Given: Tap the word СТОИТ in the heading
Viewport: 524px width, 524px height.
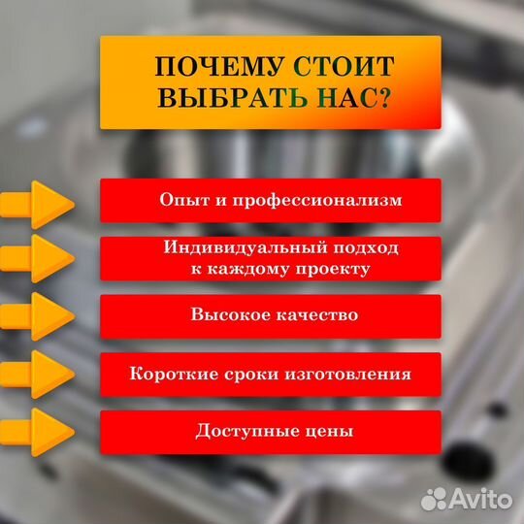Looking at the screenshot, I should point(344,67).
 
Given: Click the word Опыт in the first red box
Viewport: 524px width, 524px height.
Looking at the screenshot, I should point(182,201).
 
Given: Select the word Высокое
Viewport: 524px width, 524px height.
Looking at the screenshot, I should point(225,315).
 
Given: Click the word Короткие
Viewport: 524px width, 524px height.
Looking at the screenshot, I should point(172,374).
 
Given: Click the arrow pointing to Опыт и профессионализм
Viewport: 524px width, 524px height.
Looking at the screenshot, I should point(39,204).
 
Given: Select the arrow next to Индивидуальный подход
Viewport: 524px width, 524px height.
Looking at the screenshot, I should point(39,259).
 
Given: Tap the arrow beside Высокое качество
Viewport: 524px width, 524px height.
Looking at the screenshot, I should point(39,316).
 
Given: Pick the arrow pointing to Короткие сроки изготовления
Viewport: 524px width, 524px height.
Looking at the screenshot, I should point(39,375).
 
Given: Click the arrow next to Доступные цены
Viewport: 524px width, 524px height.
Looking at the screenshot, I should point(39,431).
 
